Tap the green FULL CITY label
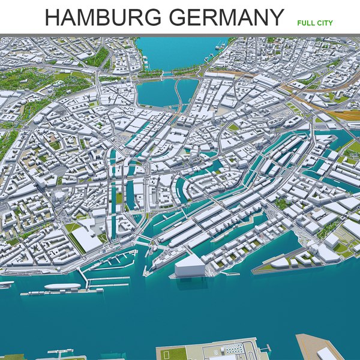pos(314,23)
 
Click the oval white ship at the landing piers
pos(62,287)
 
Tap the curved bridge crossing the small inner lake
pos(179,93)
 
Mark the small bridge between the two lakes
pos(167,74)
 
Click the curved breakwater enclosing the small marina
pos(114,261)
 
